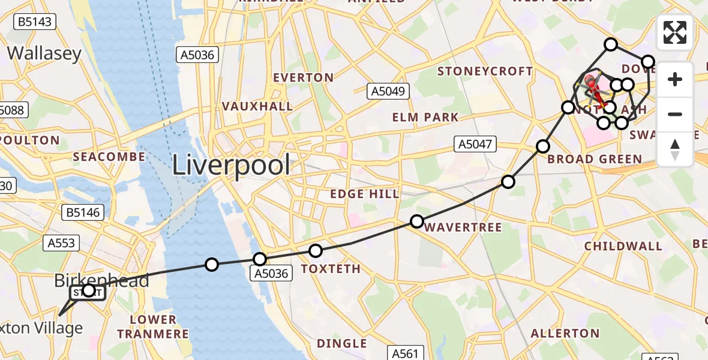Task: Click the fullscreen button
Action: (x=675, y=32)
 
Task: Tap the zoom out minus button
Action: (x=675, y=114)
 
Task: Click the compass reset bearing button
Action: (x=675, y=148)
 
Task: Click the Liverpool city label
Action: (x=232, y=164)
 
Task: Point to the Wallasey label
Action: (x=44, y=53)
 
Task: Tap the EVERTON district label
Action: (x=303, y=77)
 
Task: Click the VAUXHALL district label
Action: (x=257, y=106)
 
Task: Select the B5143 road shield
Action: (x=35, y=23)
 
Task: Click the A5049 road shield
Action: (x=388, y=91)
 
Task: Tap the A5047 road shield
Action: (x=475, y=143)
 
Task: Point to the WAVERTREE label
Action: (x=463, y=227)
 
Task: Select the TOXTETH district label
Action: (x=331, y=269)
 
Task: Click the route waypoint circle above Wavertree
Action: (x=417, y=221)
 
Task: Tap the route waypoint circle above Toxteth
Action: (x=316, y=250)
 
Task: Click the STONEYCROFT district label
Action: (x=485, y=71)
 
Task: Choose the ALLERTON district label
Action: (x=565, y=333)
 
